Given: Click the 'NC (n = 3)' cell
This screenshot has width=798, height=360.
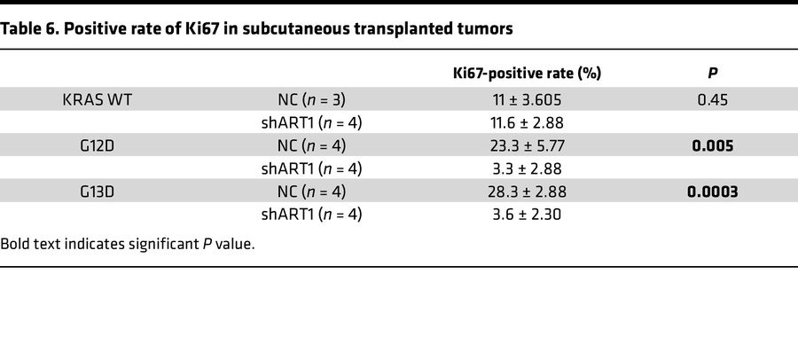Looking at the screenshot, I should (x=306, y=99).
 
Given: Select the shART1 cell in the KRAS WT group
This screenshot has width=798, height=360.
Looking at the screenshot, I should (x=306, y=122).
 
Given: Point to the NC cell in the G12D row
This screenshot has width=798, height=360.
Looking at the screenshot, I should (x=306, y=145).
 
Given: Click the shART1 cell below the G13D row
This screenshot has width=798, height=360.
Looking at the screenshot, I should (x=306, y=215).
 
